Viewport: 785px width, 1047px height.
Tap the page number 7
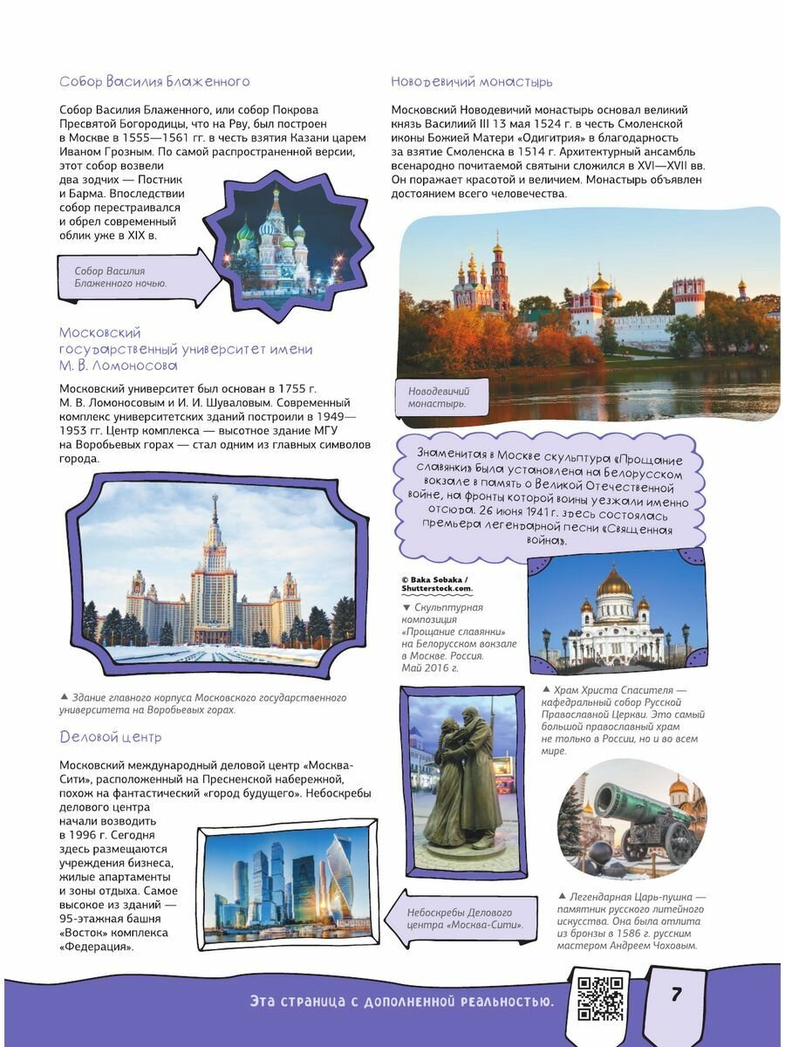[676, 995]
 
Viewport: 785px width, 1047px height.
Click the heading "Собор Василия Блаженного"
[154, 82]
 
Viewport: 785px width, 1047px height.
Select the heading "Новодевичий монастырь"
[471, 82]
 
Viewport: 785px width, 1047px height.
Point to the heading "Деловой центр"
[110, 737]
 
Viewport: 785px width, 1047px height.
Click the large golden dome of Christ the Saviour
[614, 582]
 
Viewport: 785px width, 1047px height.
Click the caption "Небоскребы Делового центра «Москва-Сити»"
[459, 919]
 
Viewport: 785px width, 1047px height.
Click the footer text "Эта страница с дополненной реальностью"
[401, 1001]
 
